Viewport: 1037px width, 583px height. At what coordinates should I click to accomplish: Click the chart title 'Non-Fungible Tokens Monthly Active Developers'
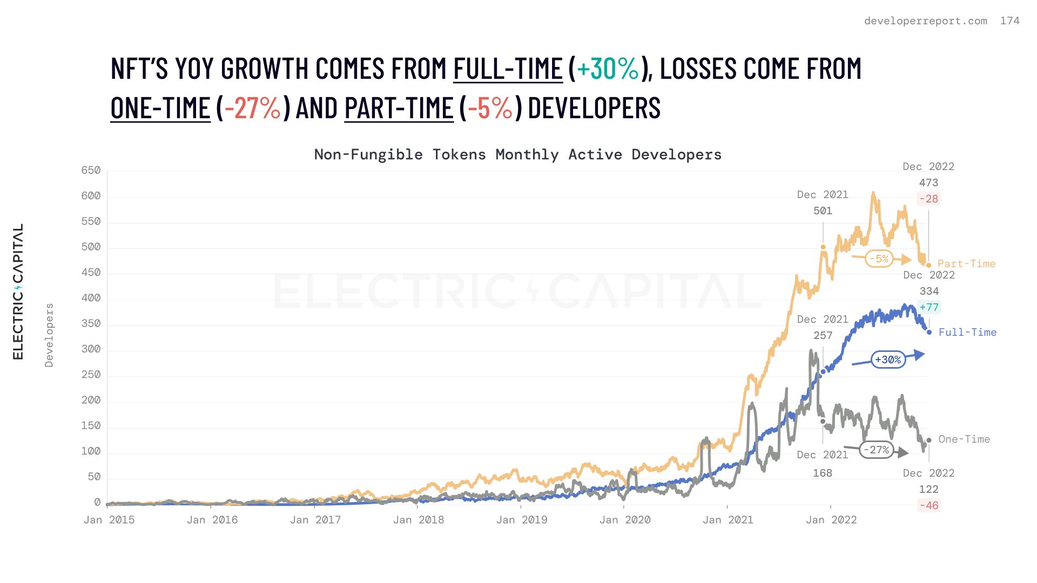(x=517, y=155)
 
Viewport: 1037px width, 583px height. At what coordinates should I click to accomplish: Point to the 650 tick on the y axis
(x=91, y=171)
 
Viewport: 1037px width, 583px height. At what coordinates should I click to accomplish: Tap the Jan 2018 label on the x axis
(x=419, y=520)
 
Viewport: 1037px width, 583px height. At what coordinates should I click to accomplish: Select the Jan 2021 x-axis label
(x=728, y=520)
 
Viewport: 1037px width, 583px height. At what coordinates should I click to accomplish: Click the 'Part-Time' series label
(x=966, y=264)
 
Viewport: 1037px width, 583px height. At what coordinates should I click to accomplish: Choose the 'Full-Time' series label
(x=967, y=333)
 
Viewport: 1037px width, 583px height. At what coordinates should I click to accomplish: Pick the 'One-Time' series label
(x=964, y=439)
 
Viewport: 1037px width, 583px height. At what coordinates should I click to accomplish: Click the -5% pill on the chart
(x=879, y=259)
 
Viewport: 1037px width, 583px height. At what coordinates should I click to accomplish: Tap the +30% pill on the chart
(x=888, y=360)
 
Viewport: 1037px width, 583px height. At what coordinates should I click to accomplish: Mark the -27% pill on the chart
(x=876, y=450)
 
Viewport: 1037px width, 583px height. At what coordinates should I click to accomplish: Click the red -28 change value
(x=928, y=199)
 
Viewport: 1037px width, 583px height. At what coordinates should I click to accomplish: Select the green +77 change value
(x=929, y=308)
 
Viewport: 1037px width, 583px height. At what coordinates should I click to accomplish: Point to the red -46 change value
(x=929, y=506)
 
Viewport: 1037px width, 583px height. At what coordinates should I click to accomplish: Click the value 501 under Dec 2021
(x=823, y=211)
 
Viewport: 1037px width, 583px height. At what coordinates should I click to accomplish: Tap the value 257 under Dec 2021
(x=823, y=336)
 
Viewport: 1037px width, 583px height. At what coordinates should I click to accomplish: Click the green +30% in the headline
(x=608, y=69)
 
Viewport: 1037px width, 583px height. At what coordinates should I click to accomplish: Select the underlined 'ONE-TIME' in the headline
(x=160, y=108)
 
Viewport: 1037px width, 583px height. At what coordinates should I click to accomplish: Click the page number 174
(x=1009, y=21)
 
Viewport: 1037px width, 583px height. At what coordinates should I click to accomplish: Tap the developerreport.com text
(x=925, y=21)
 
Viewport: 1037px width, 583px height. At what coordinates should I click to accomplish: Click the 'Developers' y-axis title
(x=49, y=335)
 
